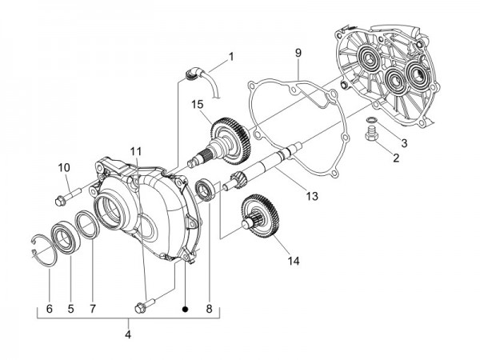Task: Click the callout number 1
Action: [x=231, y=57]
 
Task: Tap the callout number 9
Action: [x=297, y=53]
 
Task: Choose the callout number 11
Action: [x=136, y=151]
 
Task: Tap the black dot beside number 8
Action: [x=186, y=306]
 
